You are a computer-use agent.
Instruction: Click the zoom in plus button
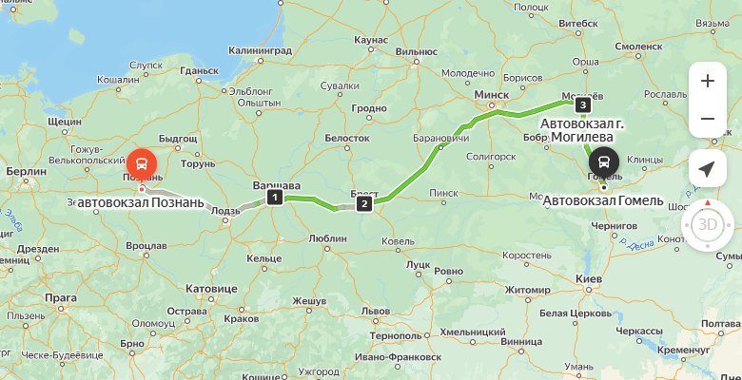pos(707,81)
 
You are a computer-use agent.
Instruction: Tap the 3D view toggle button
pos(707,225)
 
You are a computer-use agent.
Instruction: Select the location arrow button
pos(707,169)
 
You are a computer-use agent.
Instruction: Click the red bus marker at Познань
pos(144,163)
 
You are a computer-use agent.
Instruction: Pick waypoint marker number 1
pos(275,198)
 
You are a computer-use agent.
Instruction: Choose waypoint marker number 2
pos(363,203)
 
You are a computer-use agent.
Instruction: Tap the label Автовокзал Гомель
pos(603,200)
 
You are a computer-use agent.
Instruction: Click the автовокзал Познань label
pos(141,202)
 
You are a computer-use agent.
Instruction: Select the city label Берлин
pos(26,171)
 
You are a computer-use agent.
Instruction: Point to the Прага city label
pos(61,297)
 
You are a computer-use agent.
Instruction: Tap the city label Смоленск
pos(638,45)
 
